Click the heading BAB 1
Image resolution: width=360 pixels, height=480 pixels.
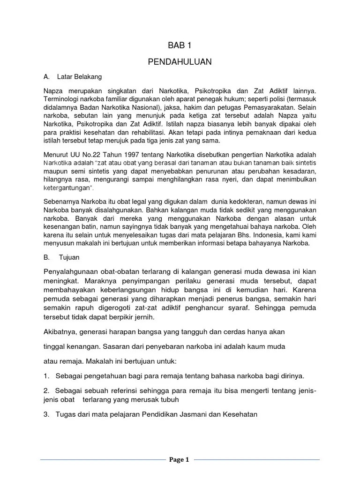coord(180,45)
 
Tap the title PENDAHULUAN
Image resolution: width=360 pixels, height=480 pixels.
coord(180,61)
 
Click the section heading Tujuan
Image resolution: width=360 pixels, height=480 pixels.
coord(68,257)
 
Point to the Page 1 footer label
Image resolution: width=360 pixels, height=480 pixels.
coord(180,460)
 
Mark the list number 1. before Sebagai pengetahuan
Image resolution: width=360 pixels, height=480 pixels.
coord(46,375)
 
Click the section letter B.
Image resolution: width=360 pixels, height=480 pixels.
coord(46,257)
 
